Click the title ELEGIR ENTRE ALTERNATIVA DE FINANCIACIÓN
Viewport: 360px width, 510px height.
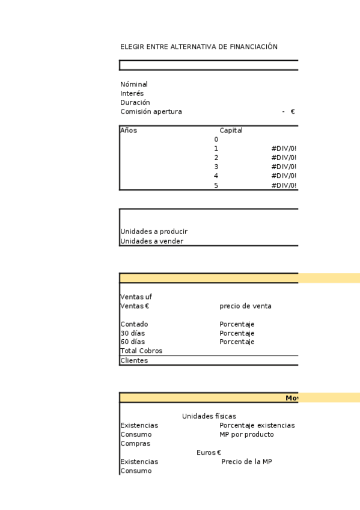click(199, 47)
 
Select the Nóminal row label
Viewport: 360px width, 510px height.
click(134, 85)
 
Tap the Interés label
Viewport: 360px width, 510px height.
click(132, 94)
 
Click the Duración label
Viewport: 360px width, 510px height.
click(135, 103)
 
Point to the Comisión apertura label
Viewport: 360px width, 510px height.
click(151, 112)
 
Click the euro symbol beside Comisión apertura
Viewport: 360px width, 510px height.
click(293, 112)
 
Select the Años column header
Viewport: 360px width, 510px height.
click(129, 131)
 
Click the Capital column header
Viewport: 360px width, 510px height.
click(231, 131)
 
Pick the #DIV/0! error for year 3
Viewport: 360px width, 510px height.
click(284, 167)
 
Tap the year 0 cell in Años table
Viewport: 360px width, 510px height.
click(216, 140)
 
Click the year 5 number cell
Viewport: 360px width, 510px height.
click(216, 186)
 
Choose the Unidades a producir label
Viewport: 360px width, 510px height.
click(154, 232)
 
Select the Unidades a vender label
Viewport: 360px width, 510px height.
click(151, 242)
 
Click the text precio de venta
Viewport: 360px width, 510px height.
click(245, 306)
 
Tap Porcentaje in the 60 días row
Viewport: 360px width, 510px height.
click(237, 342)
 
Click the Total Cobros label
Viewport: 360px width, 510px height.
click(141, 351)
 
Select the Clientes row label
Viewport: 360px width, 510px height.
click(134, 361)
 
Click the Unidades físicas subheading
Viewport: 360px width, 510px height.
click(209, 416)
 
